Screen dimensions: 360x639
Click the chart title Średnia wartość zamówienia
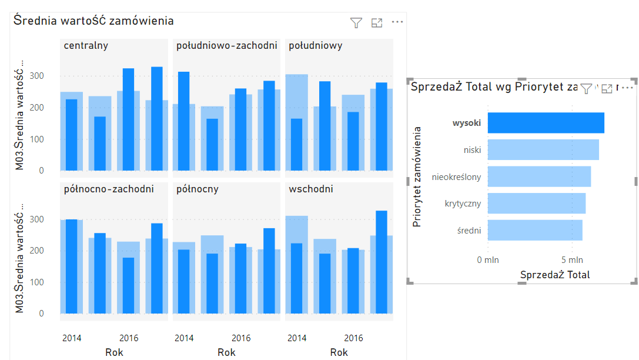click(x=94, y=21)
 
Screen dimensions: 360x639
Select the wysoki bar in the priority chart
click(x=546, y=123)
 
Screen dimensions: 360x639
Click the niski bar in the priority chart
click(x=543, y=150)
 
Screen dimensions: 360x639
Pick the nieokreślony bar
click(x=539, y=176)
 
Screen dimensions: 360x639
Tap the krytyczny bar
click(x=536, y=204)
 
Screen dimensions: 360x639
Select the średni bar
click(x=535, y=230)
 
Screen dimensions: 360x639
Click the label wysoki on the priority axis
click(x=467, y=123)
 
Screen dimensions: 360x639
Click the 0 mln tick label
click(x=487, y=259)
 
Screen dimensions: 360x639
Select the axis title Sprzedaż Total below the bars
click(x=555, y=275)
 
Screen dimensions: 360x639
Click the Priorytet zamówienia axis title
click(x=417, y=176)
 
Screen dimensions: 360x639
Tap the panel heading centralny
click(x=86, y=45)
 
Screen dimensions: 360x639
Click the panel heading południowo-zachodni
click(x=226, y=45)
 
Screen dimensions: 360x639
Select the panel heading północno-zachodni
click(x=109, y=189)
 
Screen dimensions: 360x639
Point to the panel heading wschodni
click(x=311, y=189)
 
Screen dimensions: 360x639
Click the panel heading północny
click(x=198, y=189)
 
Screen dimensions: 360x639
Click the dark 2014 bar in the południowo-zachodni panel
click(x=184, y=121)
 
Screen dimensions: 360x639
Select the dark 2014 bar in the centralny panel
click(x=71, y=135)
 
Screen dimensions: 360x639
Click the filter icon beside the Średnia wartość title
click(x=356, y=23)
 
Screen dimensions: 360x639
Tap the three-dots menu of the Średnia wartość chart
click(x=397, y=22)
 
